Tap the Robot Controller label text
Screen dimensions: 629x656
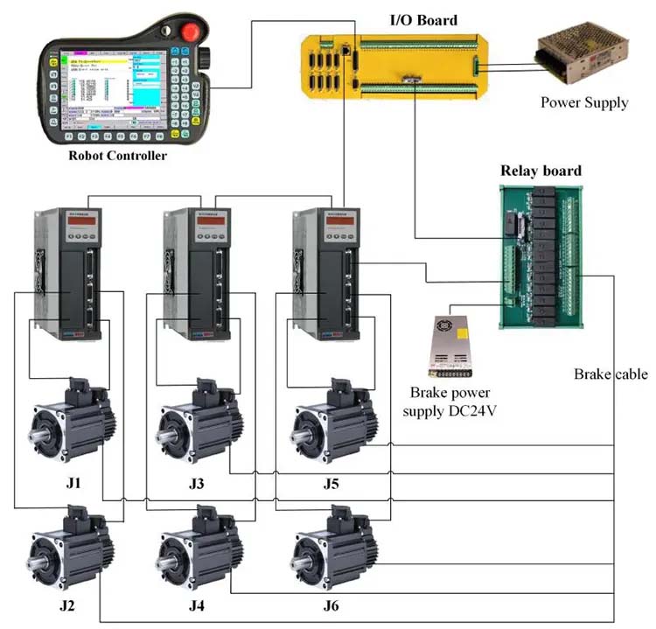coord(117,156)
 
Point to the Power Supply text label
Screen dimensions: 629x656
coord(583,102)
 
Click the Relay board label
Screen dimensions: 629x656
coord(540,171)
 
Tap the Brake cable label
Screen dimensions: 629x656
coord(611,374)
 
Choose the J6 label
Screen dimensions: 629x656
coord(331,606)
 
